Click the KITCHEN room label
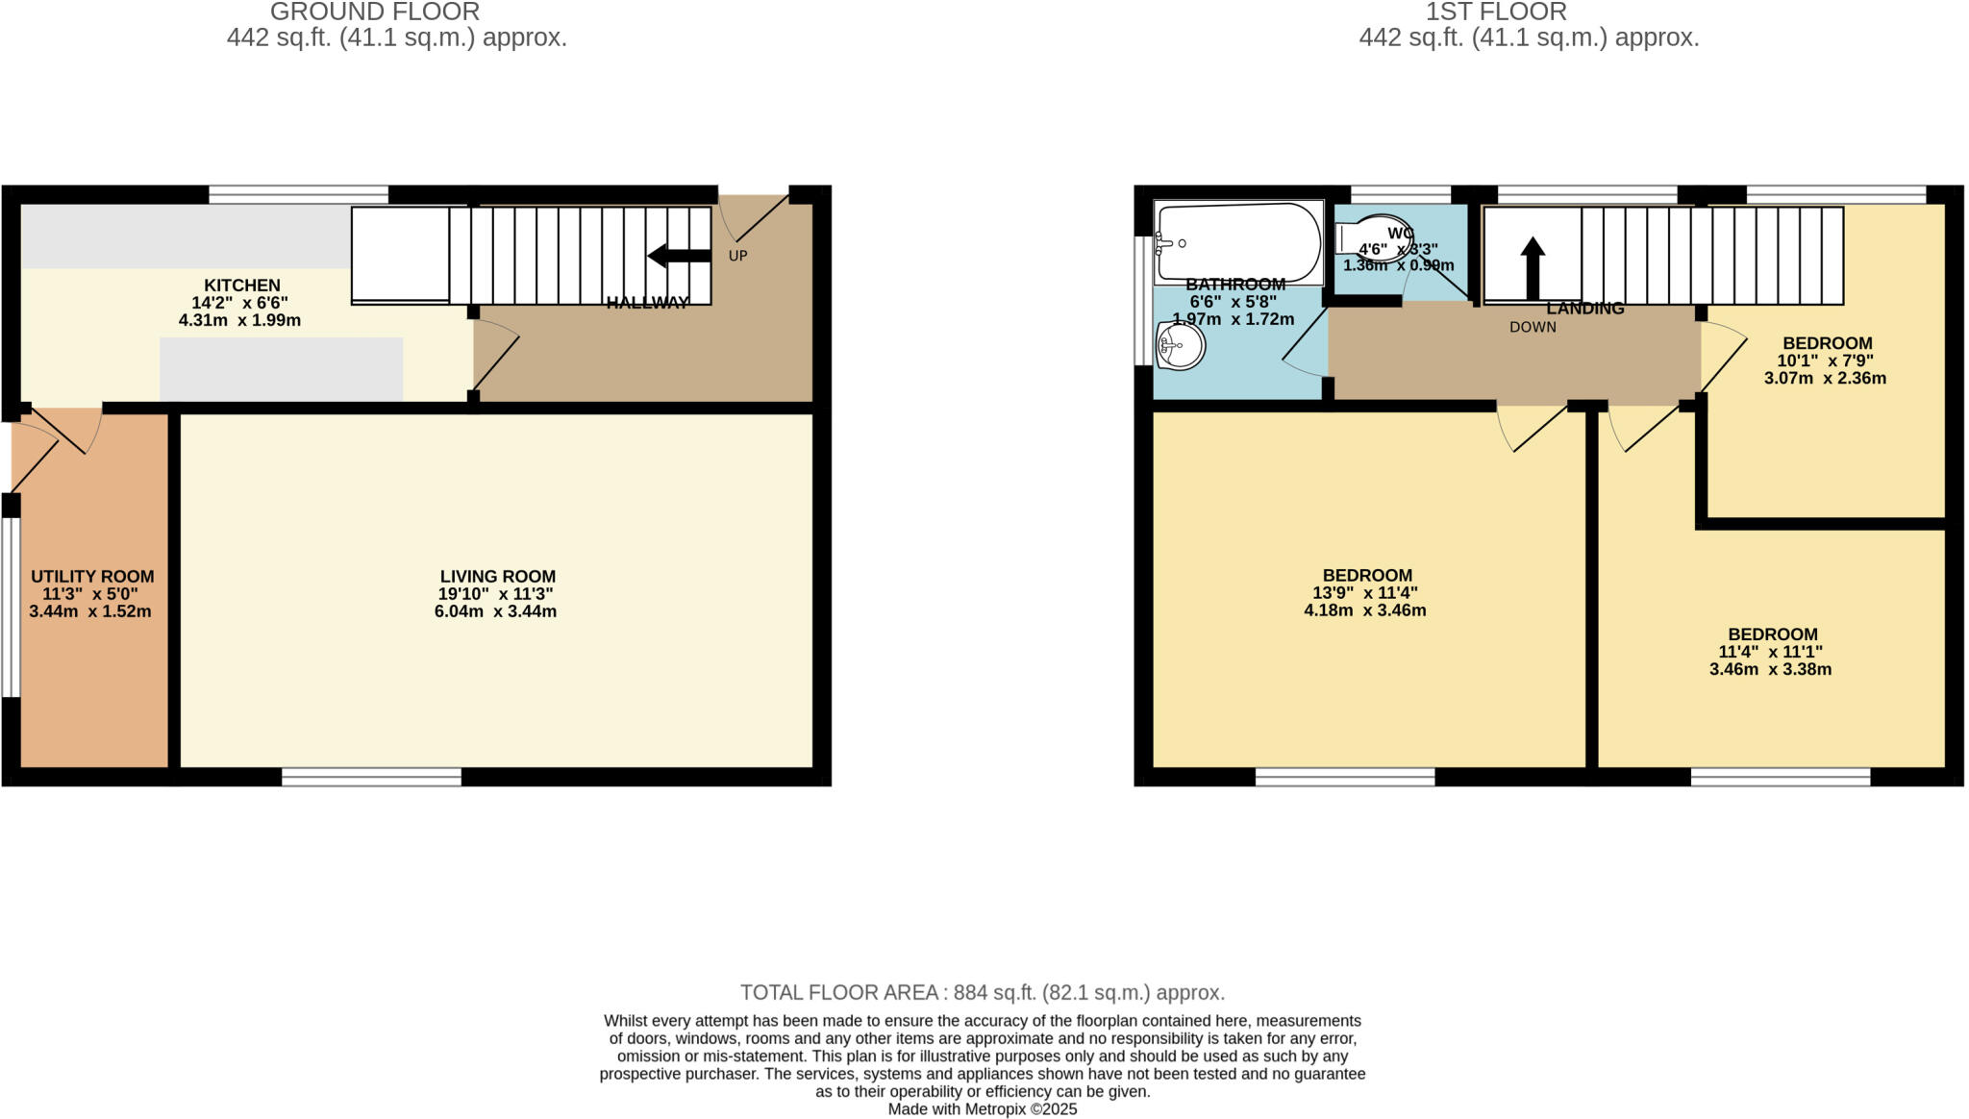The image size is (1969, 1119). [241, 286]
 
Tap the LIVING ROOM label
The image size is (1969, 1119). [497, 577]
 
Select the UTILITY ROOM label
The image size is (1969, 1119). [92, 577]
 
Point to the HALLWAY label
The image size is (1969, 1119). [647, 303]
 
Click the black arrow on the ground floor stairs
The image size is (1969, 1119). [679, 256]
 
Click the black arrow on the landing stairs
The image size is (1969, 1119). [1533, 268]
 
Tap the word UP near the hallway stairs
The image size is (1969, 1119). [737, 256]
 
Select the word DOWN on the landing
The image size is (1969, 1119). [1533, 327]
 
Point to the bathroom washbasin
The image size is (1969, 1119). [1181, 346]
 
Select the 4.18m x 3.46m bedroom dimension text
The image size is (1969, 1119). [1364, 610]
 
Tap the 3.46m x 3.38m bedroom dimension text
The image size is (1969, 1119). [1770, 669]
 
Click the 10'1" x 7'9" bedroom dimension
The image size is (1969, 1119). [1825, 361]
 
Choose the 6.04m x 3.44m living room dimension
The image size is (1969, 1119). [495, 611]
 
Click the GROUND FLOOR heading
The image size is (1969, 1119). [375, 12]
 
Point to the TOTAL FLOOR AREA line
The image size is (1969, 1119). [982, 992]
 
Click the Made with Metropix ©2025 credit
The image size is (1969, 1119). [982, 1109]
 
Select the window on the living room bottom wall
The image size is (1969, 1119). [371, 777]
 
